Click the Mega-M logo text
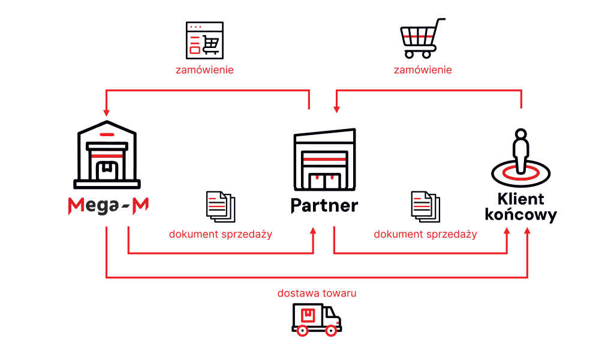(108, 205)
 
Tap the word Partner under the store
(324, 205)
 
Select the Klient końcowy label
(520, 207)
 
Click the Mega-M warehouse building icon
(108, 154)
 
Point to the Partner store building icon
(324, 159)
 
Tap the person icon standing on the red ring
(520, 150)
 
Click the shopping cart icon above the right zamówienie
(423, 37)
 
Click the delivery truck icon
(317, 319)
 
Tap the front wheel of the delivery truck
(331, 330)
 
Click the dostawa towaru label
(317, 293)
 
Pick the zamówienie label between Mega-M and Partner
(204, 70)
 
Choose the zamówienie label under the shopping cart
(423, 70)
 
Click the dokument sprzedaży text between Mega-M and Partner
(220, 234)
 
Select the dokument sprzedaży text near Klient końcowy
(425, 234)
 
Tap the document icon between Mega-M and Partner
(220, 206)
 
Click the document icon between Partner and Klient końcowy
(425, 206)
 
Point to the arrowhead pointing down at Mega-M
(106, 112)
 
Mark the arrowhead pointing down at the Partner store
(336, 109)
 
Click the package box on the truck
(308, 315)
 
